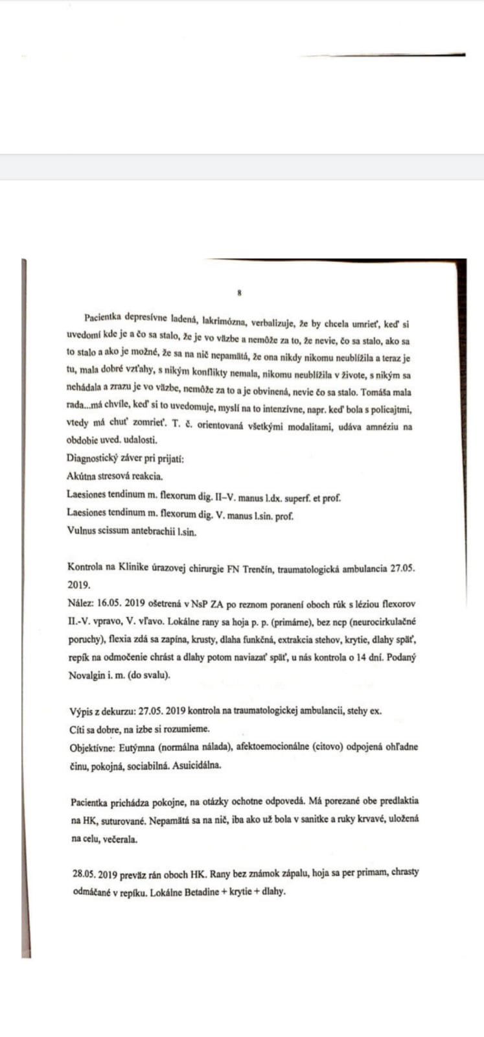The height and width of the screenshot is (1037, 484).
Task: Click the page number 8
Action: point(240,293)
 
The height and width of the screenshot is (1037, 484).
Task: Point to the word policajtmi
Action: point(388,410)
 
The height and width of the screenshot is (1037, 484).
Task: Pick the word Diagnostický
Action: point(94,459)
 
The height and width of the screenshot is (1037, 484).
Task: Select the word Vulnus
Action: point(82,531)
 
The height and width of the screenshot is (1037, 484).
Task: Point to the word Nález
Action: point(80,602)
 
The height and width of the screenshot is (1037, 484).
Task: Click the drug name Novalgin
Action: point(89,675)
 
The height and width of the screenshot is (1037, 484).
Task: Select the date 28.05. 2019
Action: point(95,873)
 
